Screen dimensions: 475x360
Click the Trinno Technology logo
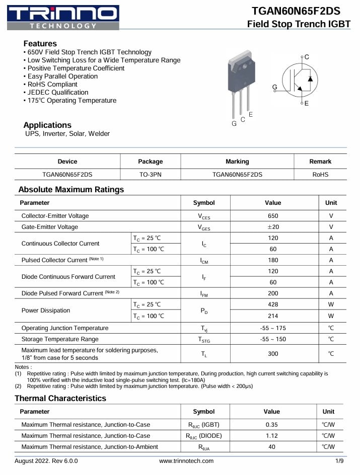63,17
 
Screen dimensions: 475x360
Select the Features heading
40,43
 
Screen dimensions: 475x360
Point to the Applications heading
47,125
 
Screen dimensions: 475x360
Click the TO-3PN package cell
150,175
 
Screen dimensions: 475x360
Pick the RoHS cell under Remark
320,175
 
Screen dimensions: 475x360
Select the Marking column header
237,162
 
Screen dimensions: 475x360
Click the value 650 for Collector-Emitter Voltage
273,216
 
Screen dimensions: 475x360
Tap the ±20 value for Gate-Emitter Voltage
273,227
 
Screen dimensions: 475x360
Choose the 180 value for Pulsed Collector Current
273,260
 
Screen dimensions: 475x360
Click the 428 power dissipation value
273,304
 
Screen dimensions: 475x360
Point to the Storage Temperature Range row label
60,339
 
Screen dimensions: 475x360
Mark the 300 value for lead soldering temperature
273,354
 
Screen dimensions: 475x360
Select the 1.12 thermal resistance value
272,436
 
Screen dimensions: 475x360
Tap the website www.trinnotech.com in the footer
186,461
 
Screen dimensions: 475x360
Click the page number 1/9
339,461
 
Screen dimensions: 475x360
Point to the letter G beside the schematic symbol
274,87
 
